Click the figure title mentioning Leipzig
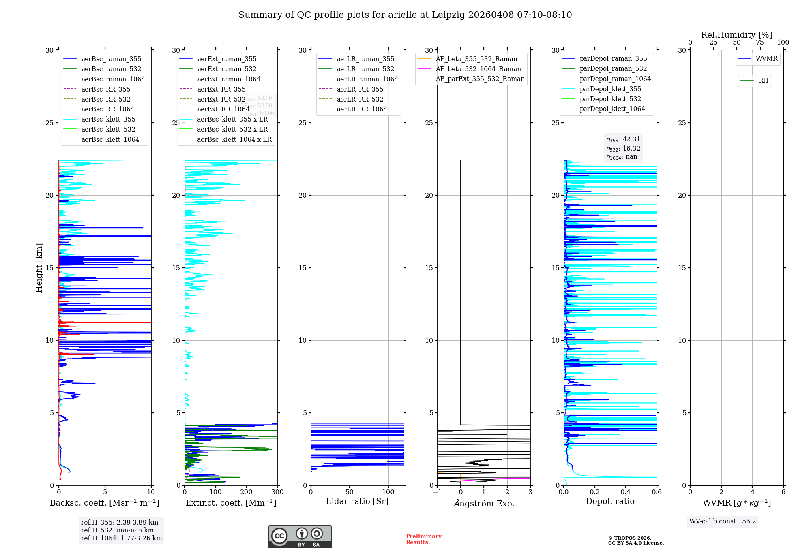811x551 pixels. click(405, 15)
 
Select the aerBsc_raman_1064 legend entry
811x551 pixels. click(113, 79)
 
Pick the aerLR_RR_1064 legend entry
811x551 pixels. click(362, 109)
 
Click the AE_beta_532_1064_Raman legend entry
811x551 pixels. click(478, 69)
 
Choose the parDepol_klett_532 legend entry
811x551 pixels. click(610, 99)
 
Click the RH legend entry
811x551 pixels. click(763, 81)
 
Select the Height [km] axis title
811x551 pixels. click(39, 268)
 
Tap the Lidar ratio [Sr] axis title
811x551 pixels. click(357, 501)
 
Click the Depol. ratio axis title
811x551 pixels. click(610, 501)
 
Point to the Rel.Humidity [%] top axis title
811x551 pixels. click(736, 35)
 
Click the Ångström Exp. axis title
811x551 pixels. click(484, 503)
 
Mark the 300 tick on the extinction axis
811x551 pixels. click(278, 492)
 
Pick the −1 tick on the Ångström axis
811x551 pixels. click(437, 492)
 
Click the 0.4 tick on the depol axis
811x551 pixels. click(626, 492)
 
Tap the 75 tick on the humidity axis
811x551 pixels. click(760, 43)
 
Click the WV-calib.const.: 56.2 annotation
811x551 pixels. click(723, 521)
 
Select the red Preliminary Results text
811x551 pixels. click(423, 539)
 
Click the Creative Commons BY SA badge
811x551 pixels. click(300, 536)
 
